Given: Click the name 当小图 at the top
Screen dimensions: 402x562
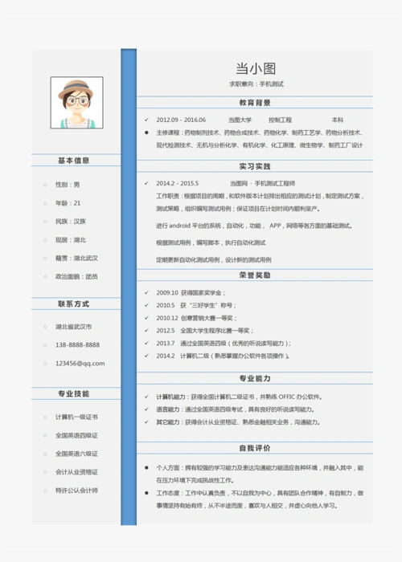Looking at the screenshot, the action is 255,68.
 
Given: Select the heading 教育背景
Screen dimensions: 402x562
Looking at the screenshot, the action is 255,103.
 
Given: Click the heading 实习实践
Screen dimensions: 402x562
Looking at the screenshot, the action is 255,166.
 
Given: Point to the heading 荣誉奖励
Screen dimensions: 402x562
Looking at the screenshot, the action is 255,275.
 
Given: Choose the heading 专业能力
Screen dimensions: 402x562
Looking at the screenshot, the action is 255,378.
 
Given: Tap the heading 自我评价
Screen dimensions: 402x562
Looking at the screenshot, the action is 255,448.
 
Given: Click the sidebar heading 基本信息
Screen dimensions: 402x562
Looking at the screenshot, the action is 74,161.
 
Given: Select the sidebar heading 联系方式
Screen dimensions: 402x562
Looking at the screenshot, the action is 74,304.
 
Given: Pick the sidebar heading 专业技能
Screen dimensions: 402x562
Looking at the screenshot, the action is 74,394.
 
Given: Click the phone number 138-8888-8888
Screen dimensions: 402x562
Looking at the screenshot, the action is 77,345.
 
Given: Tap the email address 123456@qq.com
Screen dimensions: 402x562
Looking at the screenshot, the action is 80,363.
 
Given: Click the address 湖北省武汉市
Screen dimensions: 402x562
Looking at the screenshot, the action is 74,327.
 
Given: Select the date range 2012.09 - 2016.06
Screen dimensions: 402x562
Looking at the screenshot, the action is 181,120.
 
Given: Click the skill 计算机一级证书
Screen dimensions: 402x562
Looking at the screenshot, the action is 76,417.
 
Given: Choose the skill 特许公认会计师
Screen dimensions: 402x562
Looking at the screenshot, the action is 76,490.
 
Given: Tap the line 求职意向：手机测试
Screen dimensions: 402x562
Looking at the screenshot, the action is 255,84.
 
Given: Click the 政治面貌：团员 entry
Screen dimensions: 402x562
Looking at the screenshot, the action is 76,276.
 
